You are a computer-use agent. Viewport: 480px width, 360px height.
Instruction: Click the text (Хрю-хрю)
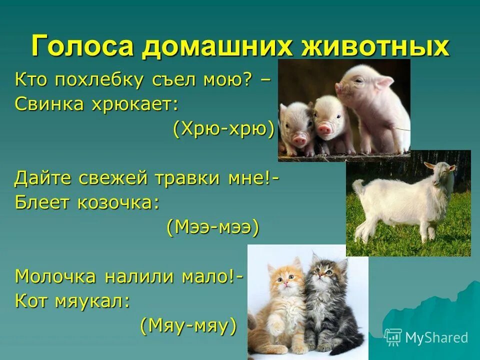point(224,129)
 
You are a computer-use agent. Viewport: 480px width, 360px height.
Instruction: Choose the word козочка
point(118,202)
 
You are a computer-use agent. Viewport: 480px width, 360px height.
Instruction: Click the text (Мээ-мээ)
point(212,227)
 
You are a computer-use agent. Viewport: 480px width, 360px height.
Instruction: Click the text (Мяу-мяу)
point(187,326)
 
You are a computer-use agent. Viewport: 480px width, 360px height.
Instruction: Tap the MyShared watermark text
point(436,337)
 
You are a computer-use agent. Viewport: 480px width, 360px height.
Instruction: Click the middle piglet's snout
point(325,129)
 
